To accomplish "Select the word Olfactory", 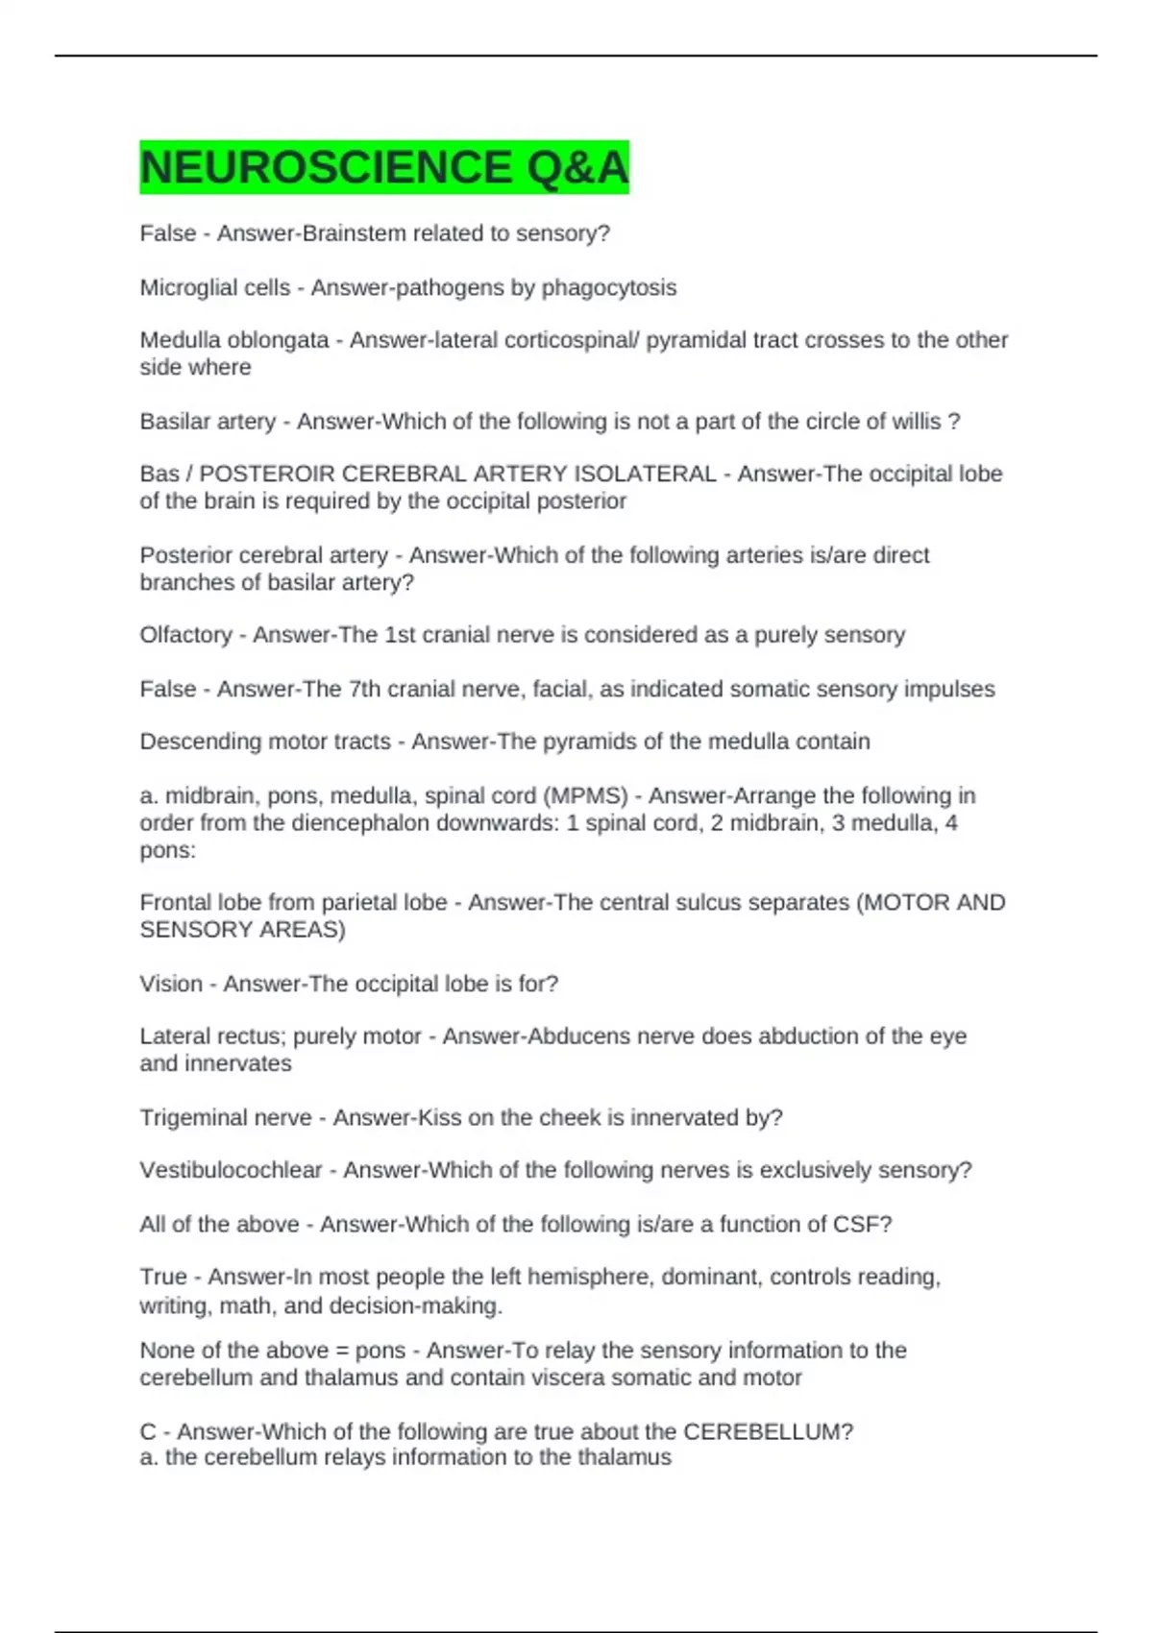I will click(185, 635).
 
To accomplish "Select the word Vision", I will click(171, 984).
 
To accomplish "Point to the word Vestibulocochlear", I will click(231, 1170).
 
